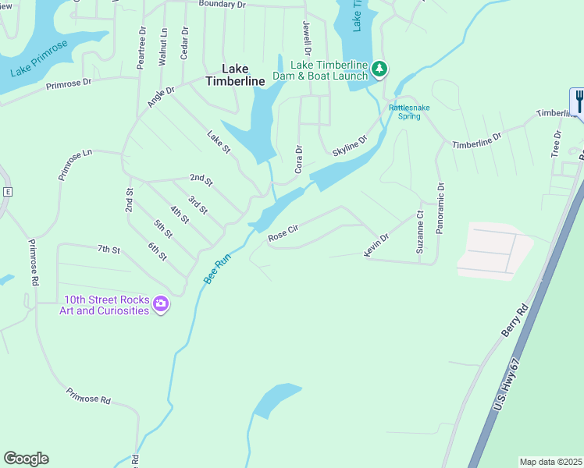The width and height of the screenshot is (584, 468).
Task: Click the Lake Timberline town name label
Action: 235,74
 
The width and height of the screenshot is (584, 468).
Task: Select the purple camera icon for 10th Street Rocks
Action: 161,303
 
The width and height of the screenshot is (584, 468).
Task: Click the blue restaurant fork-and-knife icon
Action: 578,101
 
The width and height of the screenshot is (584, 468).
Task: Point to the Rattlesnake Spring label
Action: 404,112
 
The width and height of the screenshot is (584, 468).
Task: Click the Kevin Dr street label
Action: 376,244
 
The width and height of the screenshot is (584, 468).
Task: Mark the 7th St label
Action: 109,250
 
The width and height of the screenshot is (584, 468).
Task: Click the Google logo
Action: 26,459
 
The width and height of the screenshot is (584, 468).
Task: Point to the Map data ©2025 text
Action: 550,462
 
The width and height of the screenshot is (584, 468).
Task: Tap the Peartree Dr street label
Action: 141,49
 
